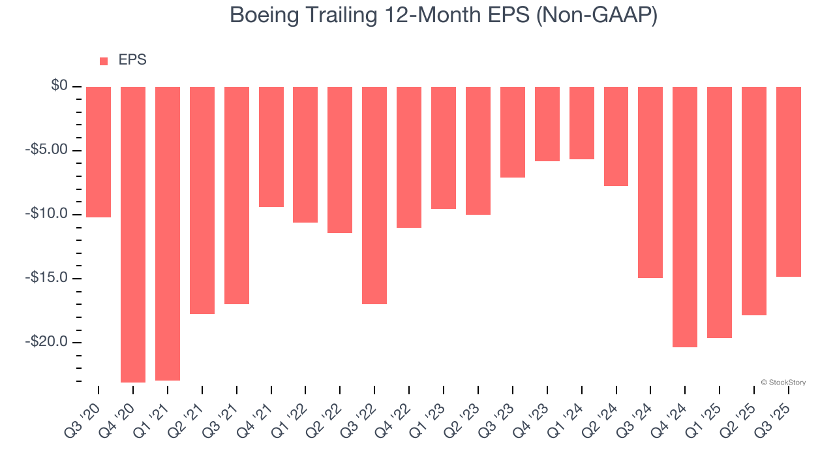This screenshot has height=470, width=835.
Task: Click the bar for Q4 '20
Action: point(133,234)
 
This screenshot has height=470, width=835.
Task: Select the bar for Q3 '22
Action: point(374,195)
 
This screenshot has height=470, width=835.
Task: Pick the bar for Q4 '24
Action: point(685,217)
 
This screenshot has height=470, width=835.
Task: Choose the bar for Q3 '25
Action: point(789,181)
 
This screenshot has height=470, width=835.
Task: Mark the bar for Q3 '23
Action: point(513,132)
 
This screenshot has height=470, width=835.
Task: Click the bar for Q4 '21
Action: point(271,147)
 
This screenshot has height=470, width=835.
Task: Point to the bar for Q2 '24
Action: point(616,136)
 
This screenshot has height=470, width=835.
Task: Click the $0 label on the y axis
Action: point(59,86)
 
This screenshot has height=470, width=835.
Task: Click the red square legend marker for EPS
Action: point(104,61)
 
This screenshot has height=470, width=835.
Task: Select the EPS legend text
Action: point(132,61)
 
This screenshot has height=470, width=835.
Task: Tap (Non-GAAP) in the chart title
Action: point(596,16)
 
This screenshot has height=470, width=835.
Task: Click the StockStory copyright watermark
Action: point(783,383)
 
